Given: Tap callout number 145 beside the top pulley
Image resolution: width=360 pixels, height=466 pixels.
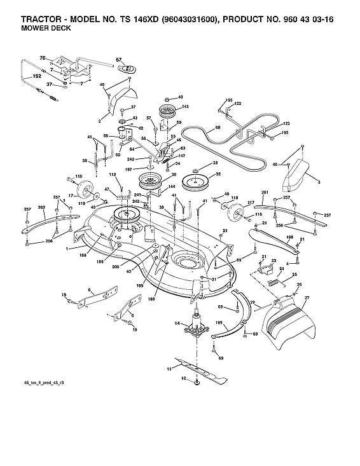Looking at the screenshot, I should (x=186, y=106).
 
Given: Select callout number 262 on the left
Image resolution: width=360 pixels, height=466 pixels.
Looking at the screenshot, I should (x=41, y=207).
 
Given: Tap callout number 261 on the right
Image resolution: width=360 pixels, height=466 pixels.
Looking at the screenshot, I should (x=265, y=192).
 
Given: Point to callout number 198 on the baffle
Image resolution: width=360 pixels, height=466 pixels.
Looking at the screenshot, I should (x=289, y=238).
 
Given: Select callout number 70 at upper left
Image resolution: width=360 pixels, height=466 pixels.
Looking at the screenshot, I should (x=43, y=58).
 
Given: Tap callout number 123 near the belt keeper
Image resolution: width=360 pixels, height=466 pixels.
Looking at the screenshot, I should (x=286, y=123).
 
